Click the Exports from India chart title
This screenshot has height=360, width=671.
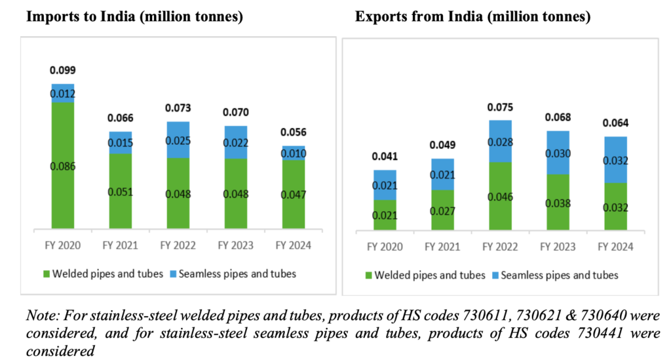click(472, 17)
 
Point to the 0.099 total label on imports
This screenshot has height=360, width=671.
click(63, 70)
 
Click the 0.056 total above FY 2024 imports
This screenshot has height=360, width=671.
click(293, 132)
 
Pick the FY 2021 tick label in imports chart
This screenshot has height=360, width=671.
click(120, 247)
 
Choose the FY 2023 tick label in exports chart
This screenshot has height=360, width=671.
click(558, 247)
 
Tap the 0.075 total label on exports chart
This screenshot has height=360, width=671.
click(500, 108)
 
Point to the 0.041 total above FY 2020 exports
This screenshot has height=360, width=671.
click(385, 157)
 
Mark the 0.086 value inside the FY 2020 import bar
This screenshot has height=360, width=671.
click(63, 167)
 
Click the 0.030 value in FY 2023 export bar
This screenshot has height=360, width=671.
click(558, 153)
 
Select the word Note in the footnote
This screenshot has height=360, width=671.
click(41, 316)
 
